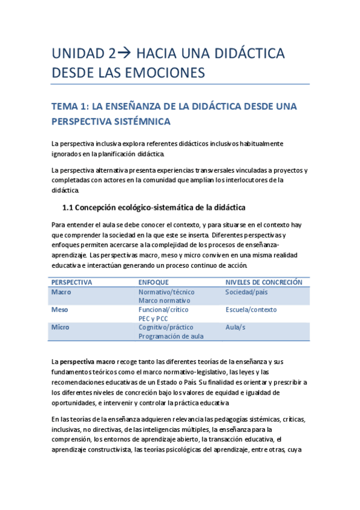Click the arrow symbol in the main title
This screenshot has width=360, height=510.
coord(126,54)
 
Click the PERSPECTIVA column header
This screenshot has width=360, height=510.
coord(72,282)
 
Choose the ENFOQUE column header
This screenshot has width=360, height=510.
coord(153,282)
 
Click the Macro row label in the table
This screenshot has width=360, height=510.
coord(61,292)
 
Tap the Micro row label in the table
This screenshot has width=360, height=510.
coord(60,327)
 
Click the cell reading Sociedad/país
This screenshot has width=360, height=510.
coord(246,292)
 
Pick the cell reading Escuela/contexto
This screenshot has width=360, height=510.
coord(251,310)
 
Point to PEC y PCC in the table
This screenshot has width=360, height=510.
coord(154,318)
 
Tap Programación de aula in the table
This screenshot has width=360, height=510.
coord(171,336)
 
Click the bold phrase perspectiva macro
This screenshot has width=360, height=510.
coord(87,361)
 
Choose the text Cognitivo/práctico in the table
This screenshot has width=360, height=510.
coord(166,327)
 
